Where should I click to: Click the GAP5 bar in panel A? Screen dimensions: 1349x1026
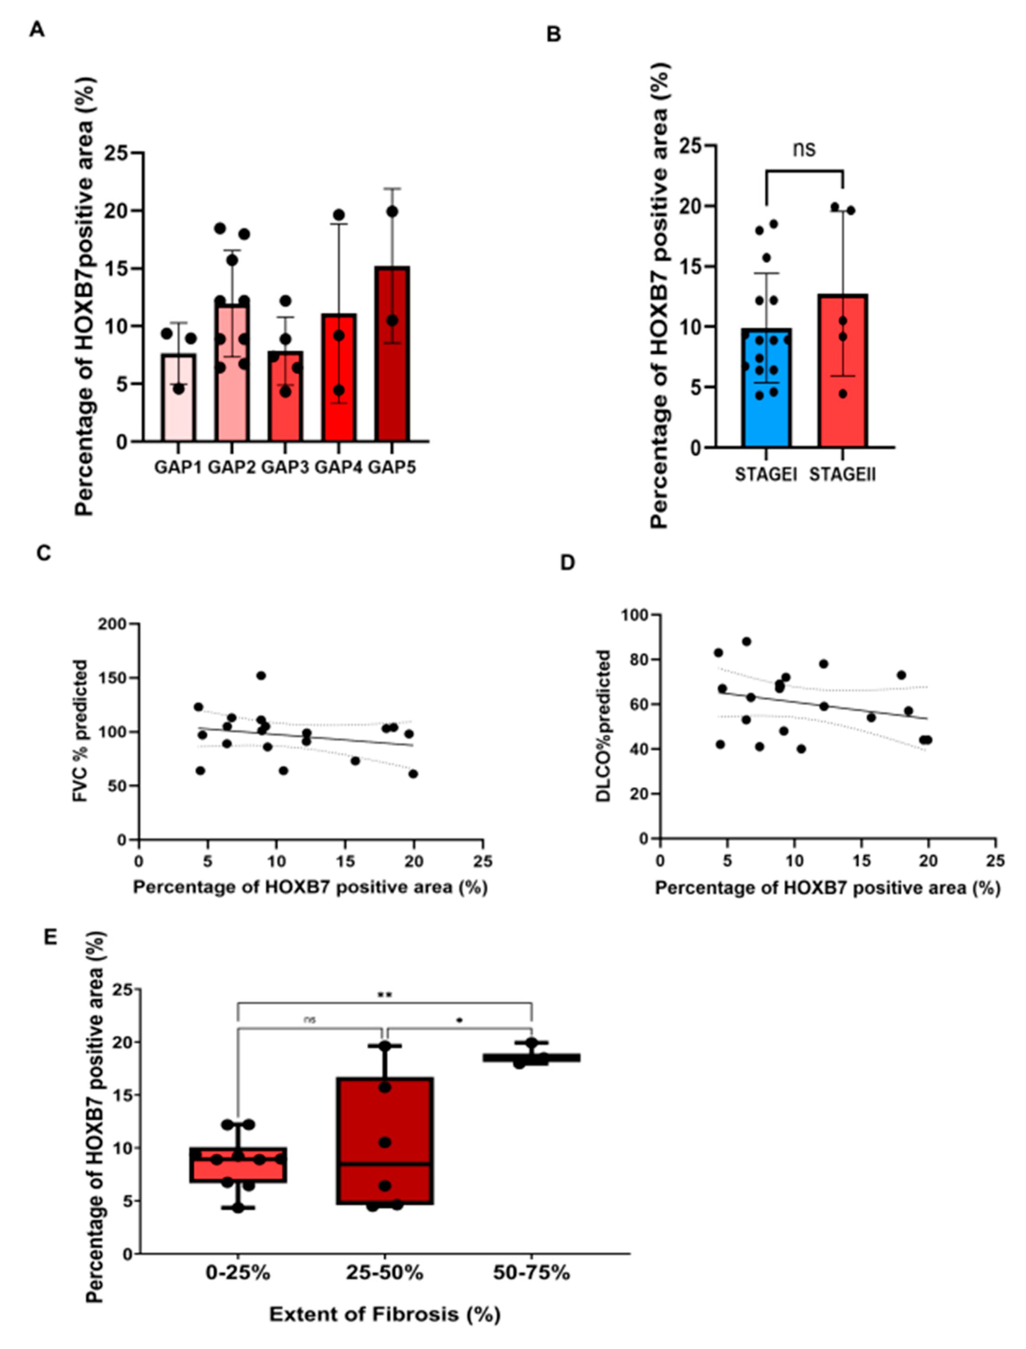point(392,367)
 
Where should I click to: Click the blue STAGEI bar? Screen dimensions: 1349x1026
point(766,397)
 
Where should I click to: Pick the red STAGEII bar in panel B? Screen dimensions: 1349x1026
point(843,379)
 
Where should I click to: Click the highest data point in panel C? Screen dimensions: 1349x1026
point(261,675)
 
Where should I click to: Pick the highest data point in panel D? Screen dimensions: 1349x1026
point(746,641)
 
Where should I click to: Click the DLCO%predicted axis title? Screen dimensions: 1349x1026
point(604,726)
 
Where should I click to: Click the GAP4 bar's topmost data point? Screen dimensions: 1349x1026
point(339,215)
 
